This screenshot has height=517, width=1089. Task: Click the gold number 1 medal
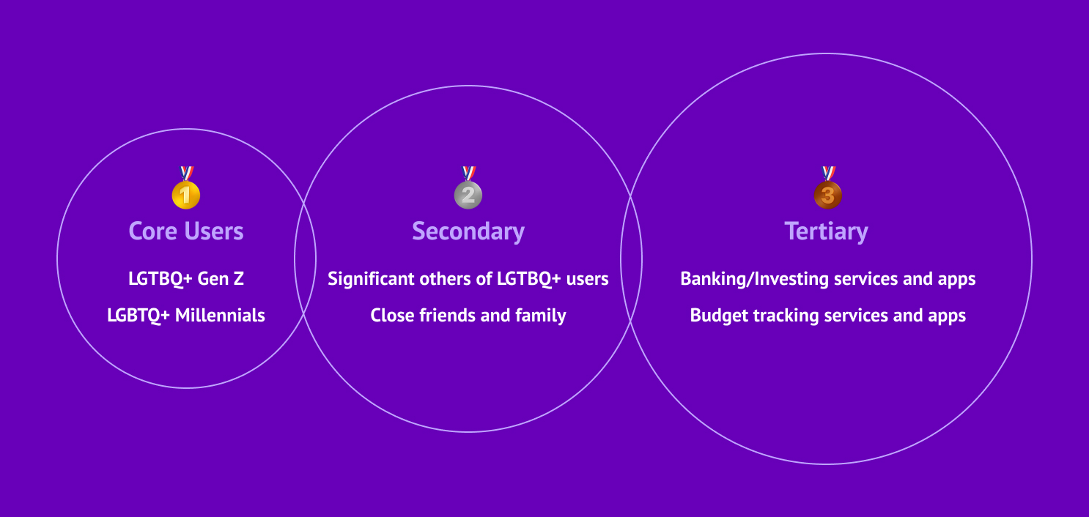[185, 187]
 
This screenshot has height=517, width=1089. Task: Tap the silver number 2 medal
[468, 187]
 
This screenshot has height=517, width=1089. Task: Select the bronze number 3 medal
[828, 187]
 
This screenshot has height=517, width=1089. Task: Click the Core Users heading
[186, 231]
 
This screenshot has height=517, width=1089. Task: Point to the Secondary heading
[468, 232]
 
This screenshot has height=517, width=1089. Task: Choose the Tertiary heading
[827, 232]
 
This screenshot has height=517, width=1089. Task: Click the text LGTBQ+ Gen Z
[186, 279]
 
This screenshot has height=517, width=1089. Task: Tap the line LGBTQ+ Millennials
[186, 316]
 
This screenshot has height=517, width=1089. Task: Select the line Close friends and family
[468, 316]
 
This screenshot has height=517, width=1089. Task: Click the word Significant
[372, 280]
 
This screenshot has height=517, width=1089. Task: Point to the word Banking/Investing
[755, 280]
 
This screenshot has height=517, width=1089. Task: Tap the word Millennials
[221, 316]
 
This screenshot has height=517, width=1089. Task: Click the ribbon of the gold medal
[186, 174]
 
